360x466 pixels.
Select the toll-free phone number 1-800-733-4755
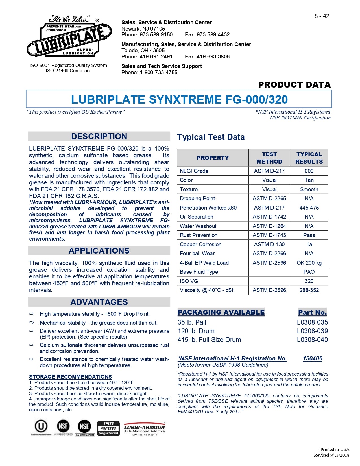(x=158, y=73)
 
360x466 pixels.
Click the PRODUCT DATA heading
(x=294, y=85)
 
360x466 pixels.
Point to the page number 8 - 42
(x=322, y=16)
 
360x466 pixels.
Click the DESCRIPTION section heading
(x=99, y=136)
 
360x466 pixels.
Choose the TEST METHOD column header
(x=269, y=158)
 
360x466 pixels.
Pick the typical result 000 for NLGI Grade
(x=309, y=171)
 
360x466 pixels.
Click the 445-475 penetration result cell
(x=309, y=208)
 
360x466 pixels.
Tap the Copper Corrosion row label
(x=200, y=245)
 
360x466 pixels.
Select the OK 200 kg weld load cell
(x=309, y=263)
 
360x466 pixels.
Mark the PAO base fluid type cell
(x=309, y=272)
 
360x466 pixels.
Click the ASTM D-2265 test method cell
(x=269, y=199)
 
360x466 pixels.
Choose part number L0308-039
(x=312, y=331)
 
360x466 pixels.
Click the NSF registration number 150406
(x=312, y=358)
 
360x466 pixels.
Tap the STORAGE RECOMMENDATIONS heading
(x=70, y=377)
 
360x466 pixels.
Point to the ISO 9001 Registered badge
(x=108, y=428)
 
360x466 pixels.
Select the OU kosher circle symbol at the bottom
(x=41, y=426)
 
